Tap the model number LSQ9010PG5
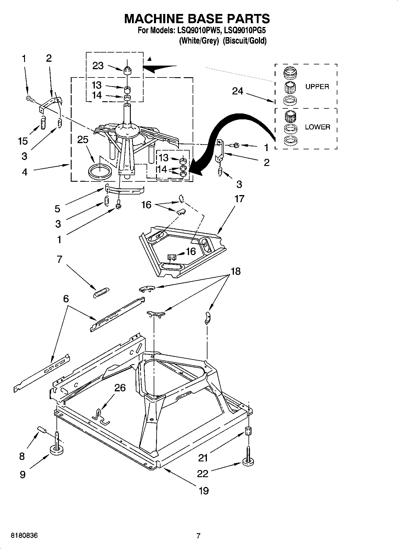click(245, 31)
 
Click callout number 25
click(83, 140)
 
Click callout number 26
click(120, 387)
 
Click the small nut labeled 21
click(248, 431)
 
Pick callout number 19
click(204, 491)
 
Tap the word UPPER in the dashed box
click(317, 87)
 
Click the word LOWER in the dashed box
click(317, 127)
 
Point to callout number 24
click(237, 91)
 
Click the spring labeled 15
click(43, 122)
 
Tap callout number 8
click(22, 456)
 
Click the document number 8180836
click(24, 536)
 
